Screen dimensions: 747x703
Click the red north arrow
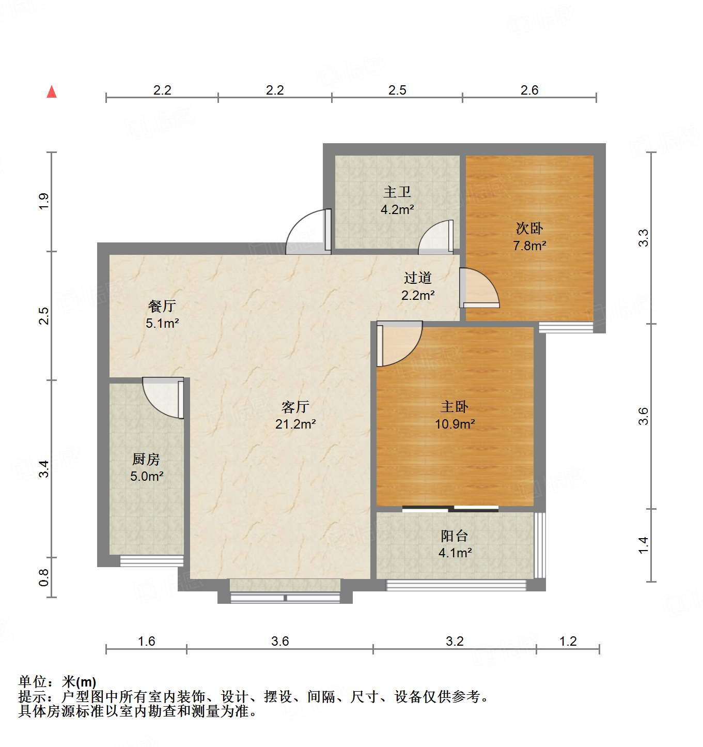click(52, 92)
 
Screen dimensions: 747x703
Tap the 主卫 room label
click(397, 192)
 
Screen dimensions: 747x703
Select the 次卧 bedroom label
click(529, 228)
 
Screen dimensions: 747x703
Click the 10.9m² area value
click(455, 424)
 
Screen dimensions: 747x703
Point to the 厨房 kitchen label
click(146, 459)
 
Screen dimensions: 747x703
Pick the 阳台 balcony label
click(455, 536)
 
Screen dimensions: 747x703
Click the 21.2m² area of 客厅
click(295, 424)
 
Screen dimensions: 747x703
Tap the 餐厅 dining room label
click(162, 306)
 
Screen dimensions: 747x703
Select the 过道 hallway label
click(418, 278)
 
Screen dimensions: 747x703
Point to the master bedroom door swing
click(398, 342)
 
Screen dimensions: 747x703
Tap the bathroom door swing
click(436, 238)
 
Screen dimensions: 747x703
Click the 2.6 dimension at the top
click(529, 90)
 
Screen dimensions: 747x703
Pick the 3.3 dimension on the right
click(643, 237)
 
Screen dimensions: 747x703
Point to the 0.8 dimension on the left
click(44, 577)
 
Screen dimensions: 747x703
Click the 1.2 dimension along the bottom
click(568, 642)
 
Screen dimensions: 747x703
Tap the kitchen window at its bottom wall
click(152, 561)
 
